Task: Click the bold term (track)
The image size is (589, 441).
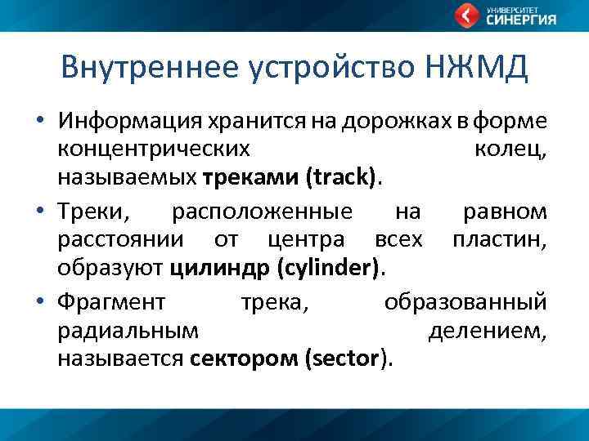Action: [x=344, y=176]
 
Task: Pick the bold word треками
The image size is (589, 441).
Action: [x=252, y=176]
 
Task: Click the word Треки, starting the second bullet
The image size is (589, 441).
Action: [x=96, y=213]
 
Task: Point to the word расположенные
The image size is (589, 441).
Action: [x=262, y=213]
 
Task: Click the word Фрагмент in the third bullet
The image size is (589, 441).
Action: [x=111, y=303]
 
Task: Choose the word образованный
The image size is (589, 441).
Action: [x=465, y=303]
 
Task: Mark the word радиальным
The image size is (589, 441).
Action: [x=128, y=331]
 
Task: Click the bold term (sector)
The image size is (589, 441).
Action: [x=348, y=358]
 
